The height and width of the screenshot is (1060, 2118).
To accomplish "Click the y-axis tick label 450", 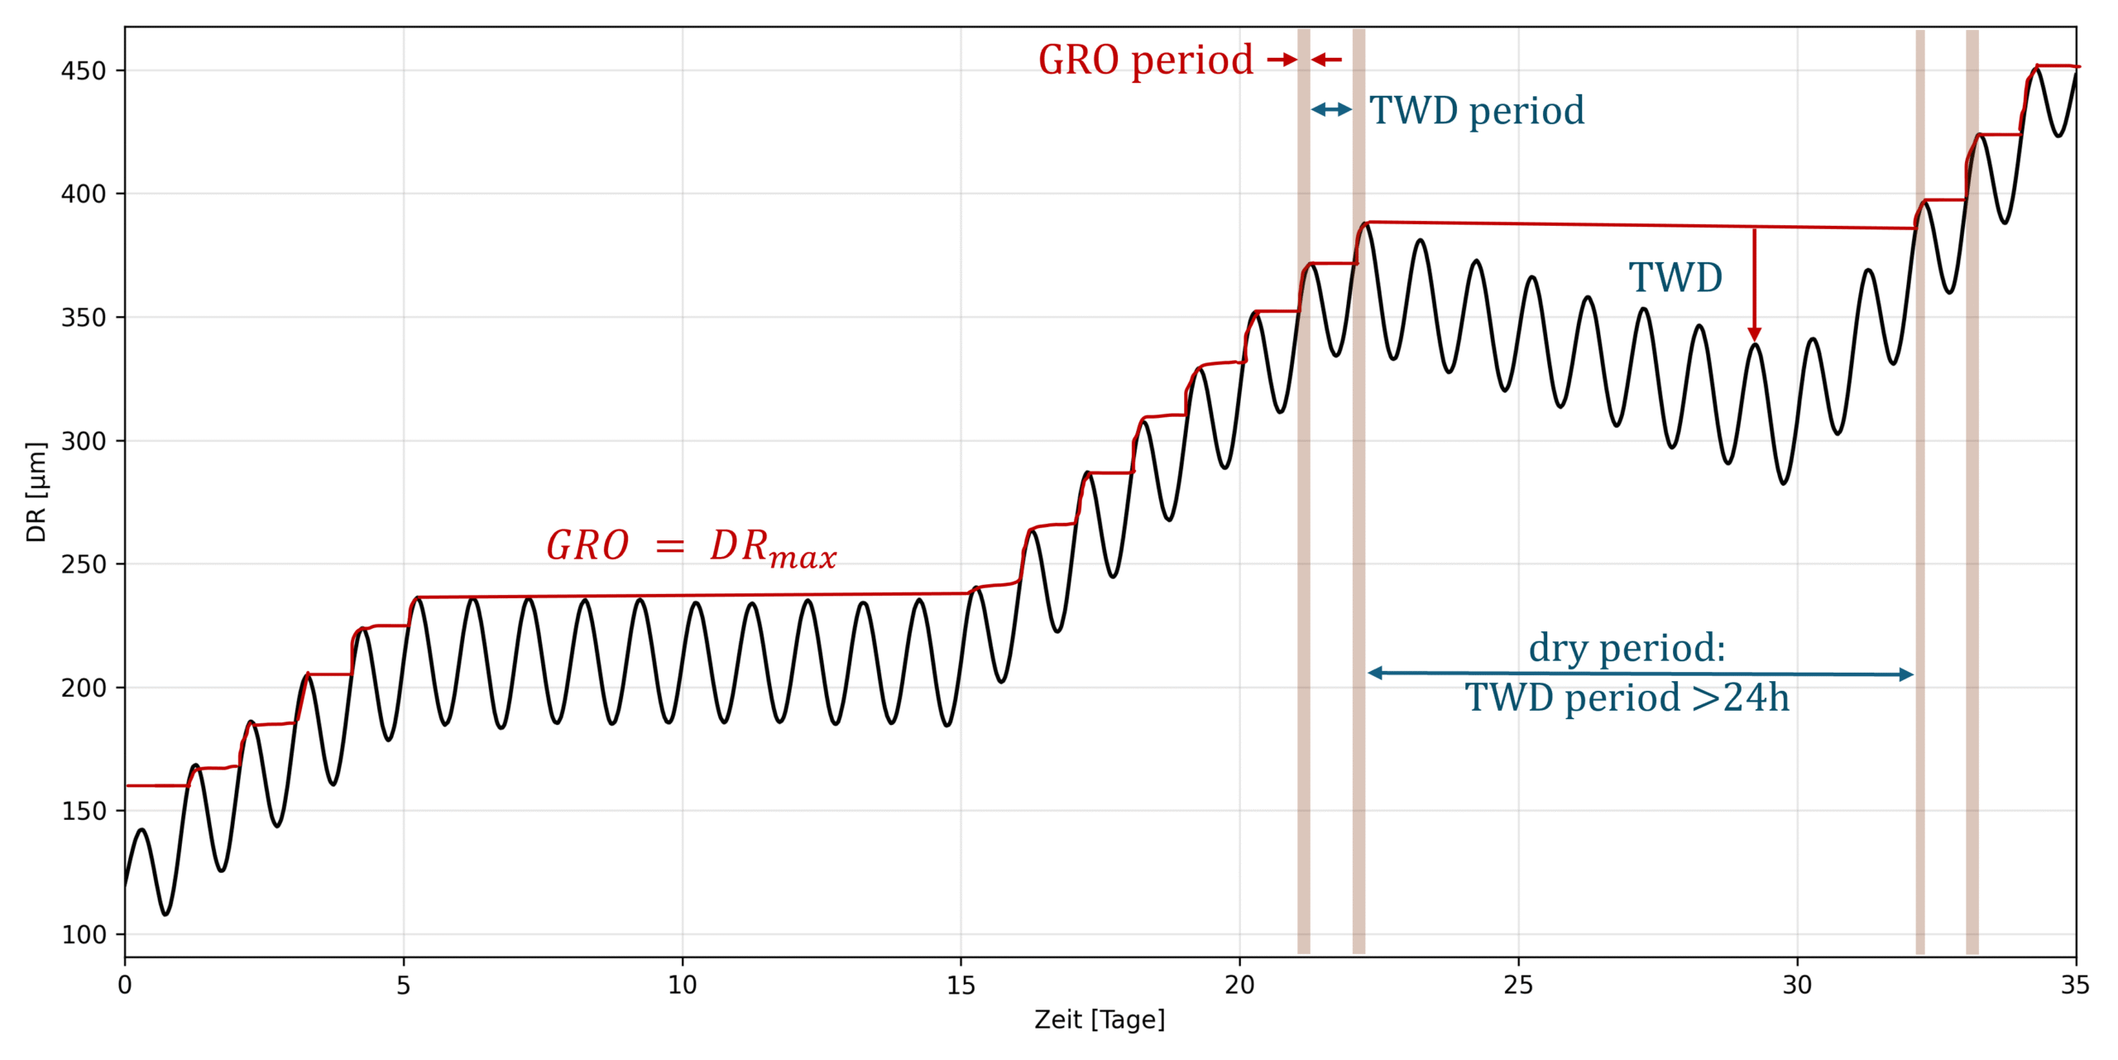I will coord(84,71).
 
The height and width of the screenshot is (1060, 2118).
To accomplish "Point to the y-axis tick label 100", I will coord(84,935).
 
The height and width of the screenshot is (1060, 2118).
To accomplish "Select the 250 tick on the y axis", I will coord(84,564).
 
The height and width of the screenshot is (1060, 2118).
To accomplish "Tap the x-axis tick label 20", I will coord(1239,985).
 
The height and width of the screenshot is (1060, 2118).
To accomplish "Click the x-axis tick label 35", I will coord(2075,985).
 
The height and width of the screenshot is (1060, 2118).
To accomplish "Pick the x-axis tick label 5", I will coord(403,985).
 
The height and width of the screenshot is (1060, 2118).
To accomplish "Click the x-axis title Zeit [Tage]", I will coord(1100,1019).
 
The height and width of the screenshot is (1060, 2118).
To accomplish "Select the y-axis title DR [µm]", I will coord(36,492).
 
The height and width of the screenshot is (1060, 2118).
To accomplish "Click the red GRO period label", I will coord(1146,60).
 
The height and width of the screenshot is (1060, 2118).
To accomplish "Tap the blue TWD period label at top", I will coord(1477,110).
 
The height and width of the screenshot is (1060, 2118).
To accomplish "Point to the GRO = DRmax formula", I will coord(692,547).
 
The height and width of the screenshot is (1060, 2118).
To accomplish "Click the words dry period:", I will coord(1627,647).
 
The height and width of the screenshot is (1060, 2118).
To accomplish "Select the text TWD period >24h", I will coord(1627,698).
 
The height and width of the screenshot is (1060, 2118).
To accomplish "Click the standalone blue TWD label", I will coord(1675,278).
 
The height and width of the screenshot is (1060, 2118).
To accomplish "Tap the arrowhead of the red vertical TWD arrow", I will coord(1754,334).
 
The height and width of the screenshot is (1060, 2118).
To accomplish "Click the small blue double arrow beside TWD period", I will coord(1331,109).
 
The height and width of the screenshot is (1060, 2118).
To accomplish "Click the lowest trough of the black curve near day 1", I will coord(165,914).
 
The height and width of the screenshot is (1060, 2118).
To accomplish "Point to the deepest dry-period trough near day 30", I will coord(1784,483).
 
